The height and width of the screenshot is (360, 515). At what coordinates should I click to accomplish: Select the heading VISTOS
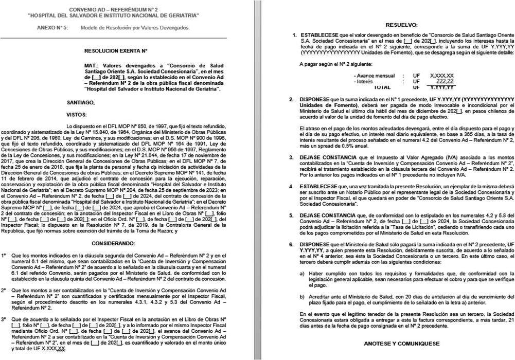77,114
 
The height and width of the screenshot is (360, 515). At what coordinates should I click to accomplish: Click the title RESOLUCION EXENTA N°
116,51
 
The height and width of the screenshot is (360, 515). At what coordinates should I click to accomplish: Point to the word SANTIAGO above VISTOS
81,102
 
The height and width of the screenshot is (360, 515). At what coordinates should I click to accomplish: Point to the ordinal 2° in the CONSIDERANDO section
4,291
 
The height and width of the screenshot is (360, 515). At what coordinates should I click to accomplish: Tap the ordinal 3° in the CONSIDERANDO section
4,319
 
